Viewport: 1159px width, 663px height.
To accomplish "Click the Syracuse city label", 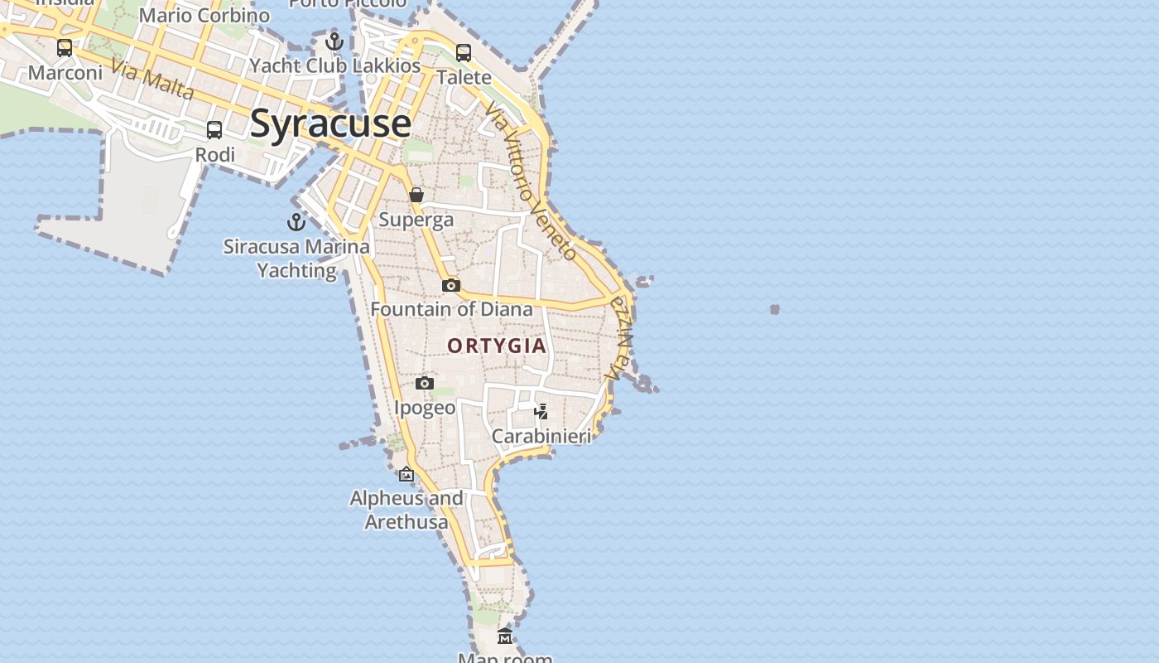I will coord(329,123).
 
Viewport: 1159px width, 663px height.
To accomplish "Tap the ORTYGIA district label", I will coord(497,346).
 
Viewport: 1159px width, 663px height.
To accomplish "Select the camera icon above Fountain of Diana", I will coord(450,285).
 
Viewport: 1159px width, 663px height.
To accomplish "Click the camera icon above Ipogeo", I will coord(425,383).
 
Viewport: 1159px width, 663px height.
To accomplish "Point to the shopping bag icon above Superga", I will coord(416,195).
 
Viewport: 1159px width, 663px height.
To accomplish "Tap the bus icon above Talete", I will coord(464,53).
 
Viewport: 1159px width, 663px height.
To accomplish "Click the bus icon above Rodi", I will coord(214,130).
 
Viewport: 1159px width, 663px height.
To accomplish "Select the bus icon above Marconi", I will coord(65,48).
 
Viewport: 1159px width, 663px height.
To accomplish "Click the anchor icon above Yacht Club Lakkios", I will coord(334,41).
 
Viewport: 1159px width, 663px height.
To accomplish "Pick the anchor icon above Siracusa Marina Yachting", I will coord(296,222).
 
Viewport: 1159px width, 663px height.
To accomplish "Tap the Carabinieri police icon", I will coord(541,411).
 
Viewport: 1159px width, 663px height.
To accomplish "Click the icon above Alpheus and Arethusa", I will coord(406,475).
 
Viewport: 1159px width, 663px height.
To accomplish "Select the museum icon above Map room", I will coord(505,636).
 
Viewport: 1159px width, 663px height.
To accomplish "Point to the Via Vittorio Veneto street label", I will coord(531,181).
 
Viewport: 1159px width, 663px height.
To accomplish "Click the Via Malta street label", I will coord(152,81).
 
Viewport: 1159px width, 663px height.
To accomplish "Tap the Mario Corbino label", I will coord(204,15).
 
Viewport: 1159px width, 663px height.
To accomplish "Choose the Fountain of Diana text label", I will coord(451,309).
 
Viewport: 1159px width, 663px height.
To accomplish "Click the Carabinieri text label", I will coord(541,436).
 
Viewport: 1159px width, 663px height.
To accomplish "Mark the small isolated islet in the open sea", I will coord(775,309).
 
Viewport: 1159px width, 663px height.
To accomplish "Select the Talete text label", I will coord(464,77).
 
